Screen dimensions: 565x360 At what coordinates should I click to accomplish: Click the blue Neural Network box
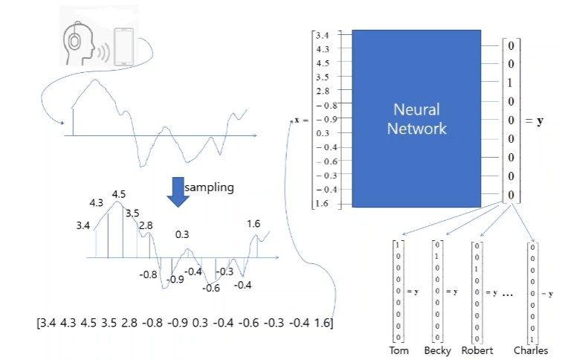419,118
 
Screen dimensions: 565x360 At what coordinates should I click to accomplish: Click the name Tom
399,350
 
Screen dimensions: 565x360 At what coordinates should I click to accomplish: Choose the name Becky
438,350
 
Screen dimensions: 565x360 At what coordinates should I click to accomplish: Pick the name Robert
477,350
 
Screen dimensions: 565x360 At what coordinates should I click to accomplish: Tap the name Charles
531,350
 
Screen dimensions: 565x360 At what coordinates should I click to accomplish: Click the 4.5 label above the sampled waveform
119,194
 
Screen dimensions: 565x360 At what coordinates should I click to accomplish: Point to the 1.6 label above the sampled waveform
254,223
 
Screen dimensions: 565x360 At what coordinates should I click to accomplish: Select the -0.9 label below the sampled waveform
175,280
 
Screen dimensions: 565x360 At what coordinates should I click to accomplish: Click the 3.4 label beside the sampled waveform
83,224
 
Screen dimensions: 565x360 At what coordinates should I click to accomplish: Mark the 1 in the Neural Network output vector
511,83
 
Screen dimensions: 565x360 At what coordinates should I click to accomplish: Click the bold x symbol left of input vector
297,120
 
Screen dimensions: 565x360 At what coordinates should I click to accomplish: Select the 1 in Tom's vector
398,245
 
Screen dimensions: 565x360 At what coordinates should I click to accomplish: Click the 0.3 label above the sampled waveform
181,234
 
